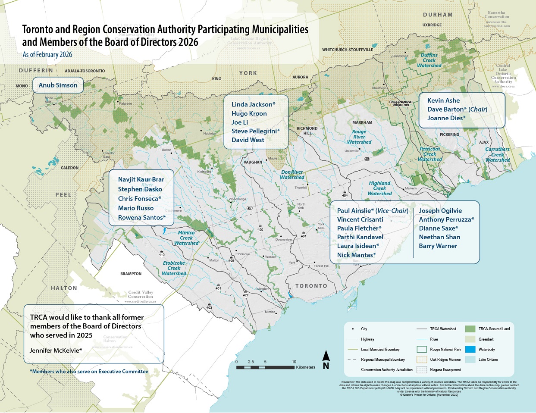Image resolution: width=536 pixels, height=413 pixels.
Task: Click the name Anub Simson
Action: click(58, 85)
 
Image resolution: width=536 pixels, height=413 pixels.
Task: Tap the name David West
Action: click(248, 140)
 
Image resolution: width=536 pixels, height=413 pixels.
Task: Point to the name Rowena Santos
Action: click(141, 218)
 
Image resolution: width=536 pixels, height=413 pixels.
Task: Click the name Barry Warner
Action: click(438, 246)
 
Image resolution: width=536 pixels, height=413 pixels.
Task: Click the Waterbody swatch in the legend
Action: click(470, 349)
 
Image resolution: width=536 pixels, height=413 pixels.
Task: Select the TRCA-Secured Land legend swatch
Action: click(470, 329)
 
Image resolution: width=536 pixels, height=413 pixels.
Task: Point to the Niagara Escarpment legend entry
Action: click(445, 369)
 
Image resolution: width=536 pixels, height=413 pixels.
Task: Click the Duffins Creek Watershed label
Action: click(429, 60)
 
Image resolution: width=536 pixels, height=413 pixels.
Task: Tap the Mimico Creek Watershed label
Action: click(186, 238)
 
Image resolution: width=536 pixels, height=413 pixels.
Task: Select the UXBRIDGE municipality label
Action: click(432, 25)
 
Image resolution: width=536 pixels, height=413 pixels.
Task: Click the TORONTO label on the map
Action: click(311, 286)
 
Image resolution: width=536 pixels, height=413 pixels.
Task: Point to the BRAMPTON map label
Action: click(131, 274)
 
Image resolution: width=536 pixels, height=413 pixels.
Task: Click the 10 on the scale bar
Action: click(294, 362)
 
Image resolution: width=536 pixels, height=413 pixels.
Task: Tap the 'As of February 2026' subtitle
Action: click(47, 55)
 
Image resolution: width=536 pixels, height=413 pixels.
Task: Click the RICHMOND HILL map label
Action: click(307, 131)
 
